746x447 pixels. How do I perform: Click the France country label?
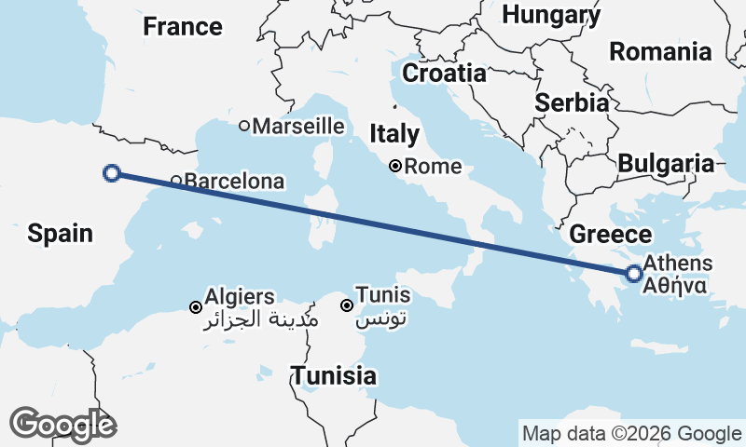coord(183,26)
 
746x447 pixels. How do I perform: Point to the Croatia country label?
coord(444,73)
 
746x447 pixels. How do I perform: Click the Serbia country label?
coord(573,102)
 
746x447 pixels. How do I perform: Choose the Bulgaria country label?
coord(666,164)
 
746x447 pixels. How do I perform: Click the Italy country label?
coord(394,133)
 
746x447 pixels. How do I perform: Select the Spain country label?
coord(61,233)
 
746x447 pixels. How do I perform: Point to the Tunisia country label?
coord(334,376)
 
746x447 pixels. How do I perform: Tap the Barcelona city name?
coord(234,181)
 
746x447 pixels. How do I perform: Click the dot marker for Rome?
coord(396,167)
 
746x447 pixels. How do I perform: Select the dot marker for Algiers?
coord(196,307)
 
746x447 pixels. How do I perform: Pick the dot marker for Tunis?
coord(346,305)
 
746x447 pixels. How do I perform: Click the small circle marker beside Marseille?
coord(244,126)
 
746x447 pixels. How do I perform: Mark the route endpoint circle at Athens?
coord(634,274)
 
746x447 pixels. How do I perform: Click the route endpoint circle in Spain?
coord(112,172)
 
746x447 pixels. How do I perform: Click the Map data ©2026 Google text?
coord(631,433)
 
